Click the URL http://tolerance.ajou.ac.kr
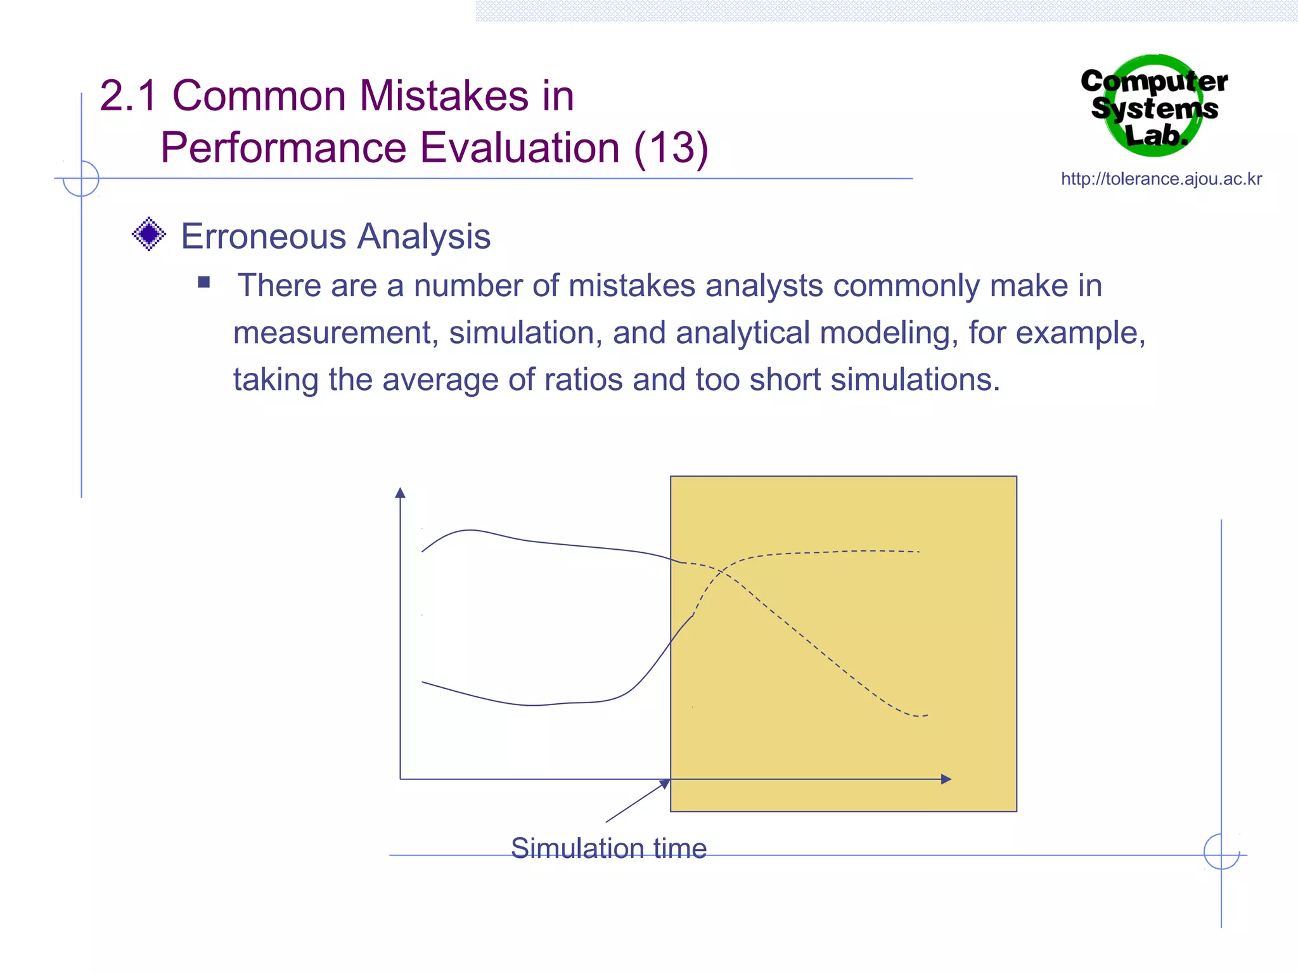1161,179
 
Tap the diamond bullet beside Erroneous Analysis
149,235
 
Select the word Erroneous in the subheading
264,237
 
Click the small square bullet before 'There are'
203,282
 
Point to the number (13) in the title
671,148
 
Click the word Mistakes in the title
444,96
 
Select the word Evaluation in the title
520,148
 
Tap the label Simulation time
608,848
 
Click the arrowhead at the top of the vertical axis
400,493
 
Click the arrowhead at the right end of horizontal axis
946,779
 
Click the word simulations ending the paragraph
915,379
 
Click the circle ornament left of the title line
81,178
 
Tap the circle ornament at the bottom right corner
1221,852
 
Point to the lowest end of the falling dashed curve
927,715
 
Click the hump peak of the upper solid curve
469,530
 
